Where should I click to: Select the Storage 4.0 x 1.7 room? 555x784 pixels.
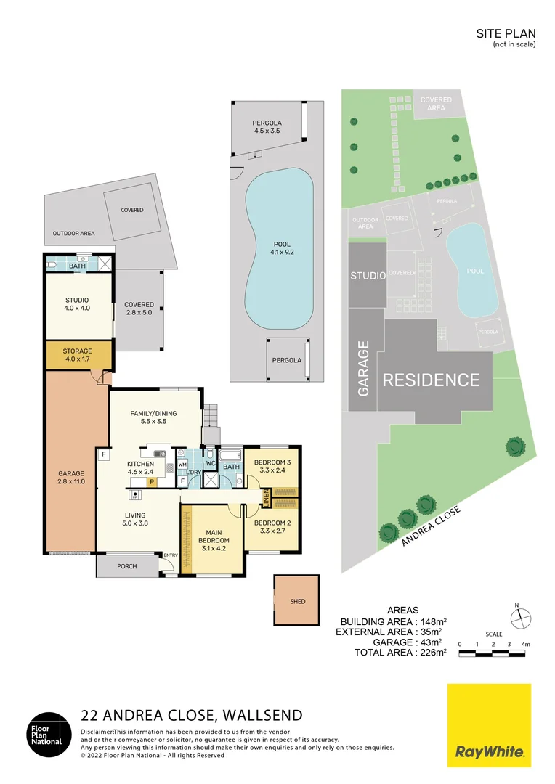click(x=78, y=355)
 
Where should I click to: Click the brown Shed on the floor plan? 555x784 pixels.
click(x=297, y=600)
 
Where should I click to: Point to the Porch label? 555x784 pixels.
click(x=127, y=566)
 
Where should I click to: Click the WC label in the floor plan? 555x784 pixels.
click(x=211, y=463)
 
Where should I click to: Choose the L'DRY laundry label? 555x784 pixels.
click(x=194, y=473)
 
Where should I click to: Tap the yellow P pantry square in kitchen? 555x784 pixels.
click(x=152, y=482)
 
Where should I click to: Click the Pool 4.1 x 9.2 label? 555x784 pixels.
click(x=283, y=248)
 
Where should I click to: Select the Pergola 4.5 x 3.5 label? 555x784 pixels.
click(x=267, y=126)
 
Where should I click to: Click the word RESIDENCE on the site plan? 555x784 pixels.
click(x=431, y=380)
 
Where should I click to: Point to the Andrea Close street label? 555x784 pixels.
click(x=431, y=526)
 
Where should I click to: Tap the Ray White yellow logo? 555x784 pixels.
click(x=489, y=725)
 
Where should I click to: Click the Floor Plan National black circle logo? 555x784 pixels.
click(x=49, y=735)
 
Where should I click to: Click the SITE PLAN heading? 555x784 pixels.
click(x=506, y=33)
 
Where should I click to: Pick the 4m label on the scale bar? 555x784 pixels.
click(x=525, y=644)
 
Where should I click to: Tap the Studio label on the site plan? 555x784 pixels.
click(x=368, y=276)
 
